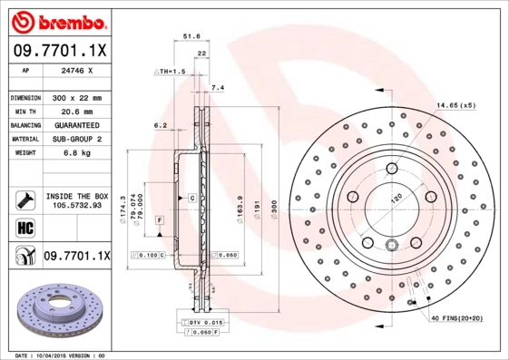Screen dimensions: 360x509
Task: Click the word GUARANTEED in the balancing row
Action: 74,124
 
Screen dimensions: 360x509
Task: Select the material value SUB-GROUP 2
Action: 74,139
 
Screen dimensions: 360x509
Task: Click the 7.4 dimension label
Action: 217,88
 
